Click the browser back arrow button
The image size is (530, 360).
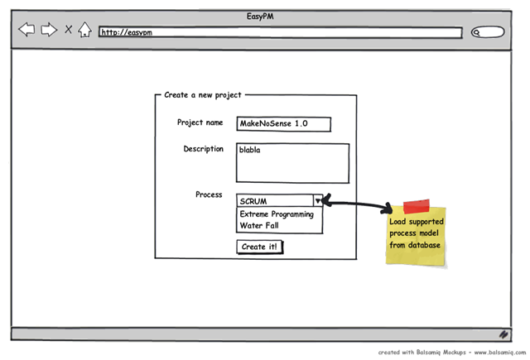click(x=26, y=30)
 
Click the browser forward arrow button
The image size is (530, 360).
click(x=49, y=30)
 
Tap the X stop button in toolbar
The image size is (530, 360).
click(x=68, y=30)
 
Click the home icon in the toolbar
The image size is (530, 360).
click(x=84, y=30)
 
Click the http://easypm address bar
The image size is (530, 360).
click(x=280, y=32)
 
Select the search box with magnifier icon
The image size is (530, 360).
click(x=488, y=32)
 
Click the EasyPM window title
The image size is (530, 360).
click(x=260, y=17)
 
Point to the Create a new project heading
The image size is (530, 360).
click(x=203, y=95)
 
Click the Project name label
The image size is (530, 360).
click(x=200, y=122)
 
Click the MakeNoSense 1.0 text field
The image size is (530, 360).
click(x=283, y=124)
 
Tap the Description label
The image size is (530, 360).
click(x=204, y=149)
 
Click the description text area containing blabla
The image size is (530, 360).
click(x=292, y=164)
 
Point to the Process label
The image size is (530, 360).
click(x=209, y=194)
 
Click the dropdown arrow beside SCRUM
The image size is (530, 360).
click(x=318, y=201)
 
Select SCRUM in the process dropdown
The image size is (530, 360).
click(x=253, y=201)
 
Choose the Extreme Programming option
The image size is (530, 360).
click(x=277, y=214)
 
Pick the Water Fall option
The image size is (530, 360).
click(x=259, y=225)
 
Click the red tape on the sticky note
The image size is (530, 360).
click(x=417, y=206)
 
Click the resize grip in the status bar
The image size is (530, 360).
click(x=503, y=334)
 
